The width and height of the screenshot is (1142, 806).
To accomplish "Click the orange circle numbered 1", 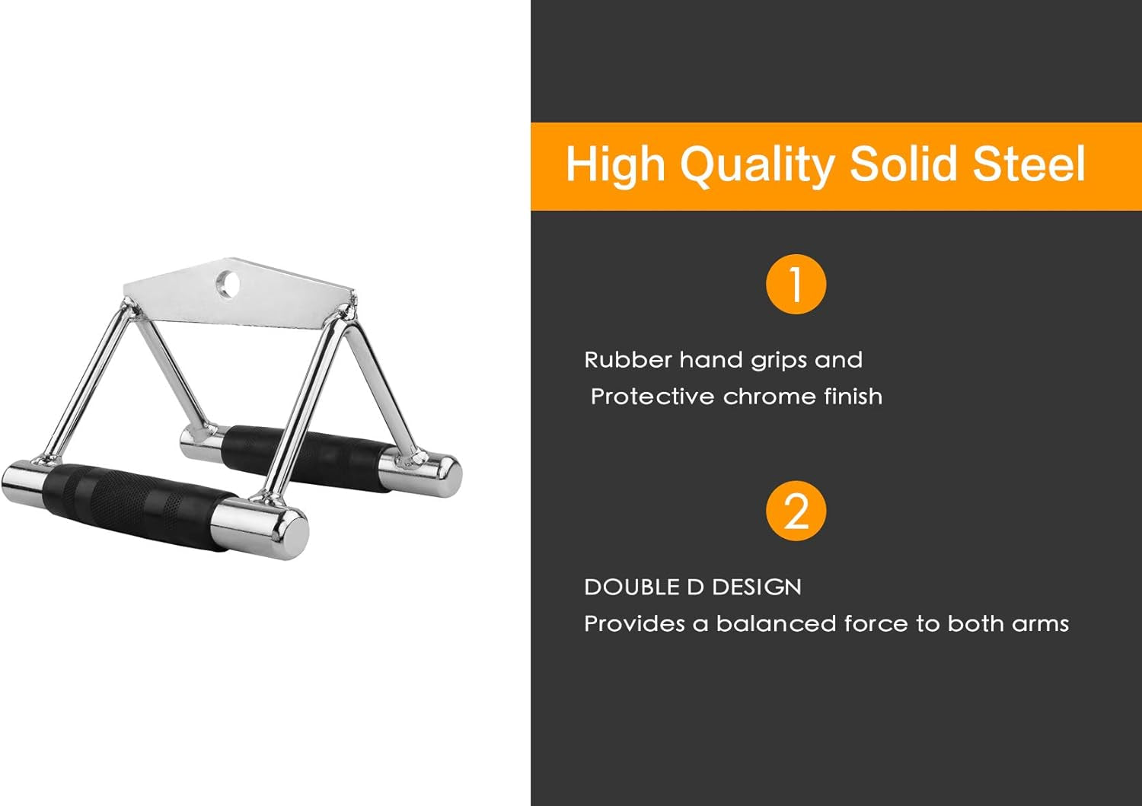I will click(796, 285).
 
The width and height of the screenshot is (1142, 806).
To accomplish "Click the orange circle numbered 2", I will click(796, 511).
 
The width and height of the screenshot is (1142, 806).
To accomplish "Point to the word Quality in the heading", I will click(757, 165).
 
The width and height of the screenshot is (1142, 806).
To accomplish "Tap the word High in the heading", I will click(615, 165).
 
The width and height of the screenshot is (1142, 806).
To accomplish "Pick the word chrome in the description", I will click(758, 397).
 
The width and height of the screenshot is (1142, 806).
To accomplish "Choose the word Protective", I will click(652, 397).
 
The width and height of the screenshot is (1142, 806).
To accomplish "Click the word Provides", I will click(634, 623).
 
